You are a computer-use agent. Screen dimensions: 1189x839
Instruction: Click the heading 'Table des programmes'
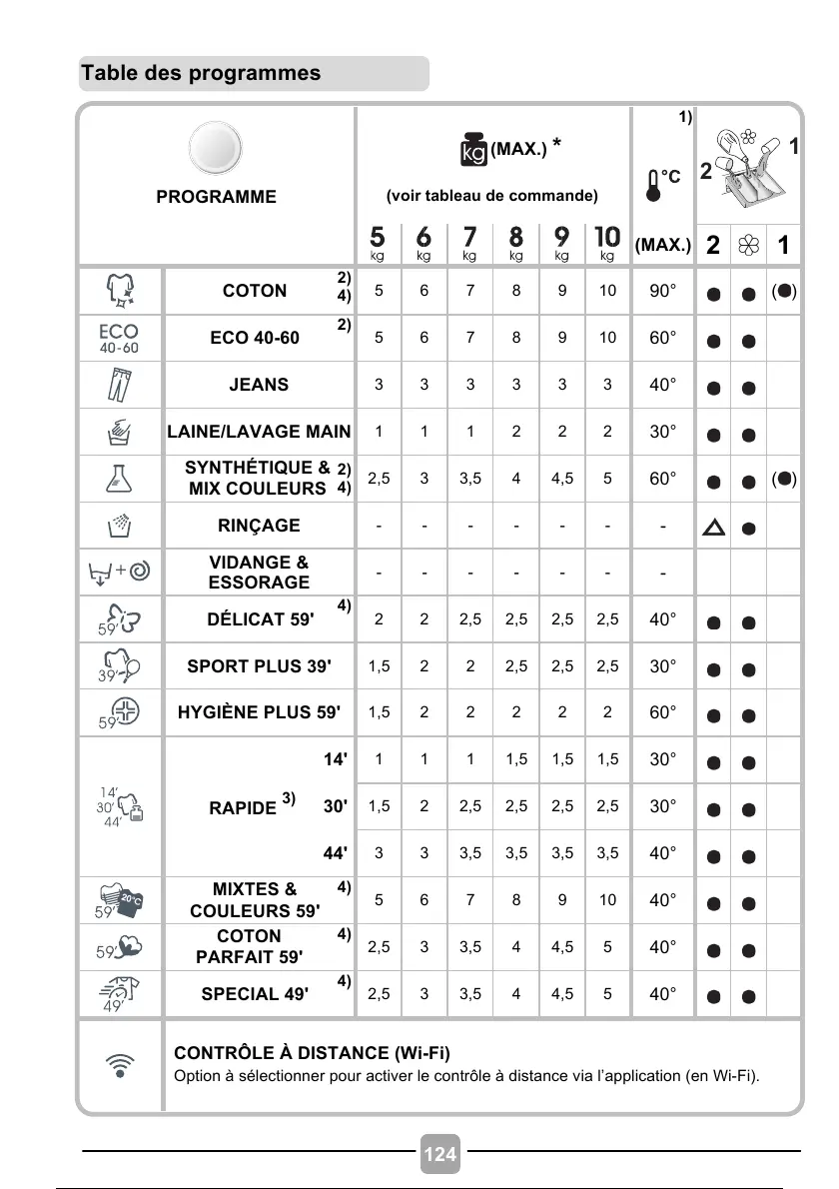(x=202, y=73)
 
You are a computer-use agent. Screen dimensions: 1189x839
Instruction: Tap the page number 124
(x=440, y=1154)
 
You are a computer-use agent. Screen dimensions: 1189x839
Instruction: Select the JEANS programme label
(x=259, y=385)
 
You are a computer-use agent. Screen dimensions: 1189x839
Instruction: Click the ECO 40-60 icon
(x=119, y=339)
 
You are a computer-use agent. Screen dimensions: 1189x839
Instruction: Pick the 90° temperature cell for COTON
(x=662, y=291)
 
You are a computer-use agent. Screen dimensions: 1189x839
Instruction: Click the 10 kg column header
(x=607, y=242)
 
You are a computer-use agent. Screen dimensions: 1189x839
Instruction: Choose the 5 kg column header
(x=378, y=242)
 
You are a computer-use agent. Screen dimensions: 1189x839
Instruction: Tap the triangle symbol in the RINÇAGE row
(x=714, y=527)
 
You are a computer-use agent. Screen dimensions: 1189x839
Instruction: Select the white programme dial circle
(x=216, y=149)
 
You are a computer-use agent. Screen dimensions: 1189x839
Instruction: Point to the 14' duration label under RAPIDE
(x=335, y=759)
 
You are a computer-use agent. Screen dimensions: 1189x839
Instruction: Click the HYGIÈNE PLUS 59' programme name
(x=259, y=712)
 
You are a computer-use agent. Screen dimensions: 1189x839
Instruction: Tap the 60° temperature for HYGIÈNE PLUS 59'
(x=662, y=712)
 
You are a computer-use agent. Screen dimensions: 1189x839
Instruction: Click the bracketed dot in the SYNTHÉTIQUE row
(x=785, y=479)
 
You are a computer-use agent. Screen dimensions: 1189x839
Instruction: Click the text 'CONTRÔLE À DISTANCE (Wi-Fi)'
(x=312, y=1053)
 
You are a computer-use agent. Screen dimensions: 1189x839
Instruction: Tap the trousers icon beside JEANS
(x=119, y=386)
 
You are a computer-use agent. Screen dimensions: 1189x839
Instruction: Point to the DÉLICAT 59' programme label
(x=260, y=619)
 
